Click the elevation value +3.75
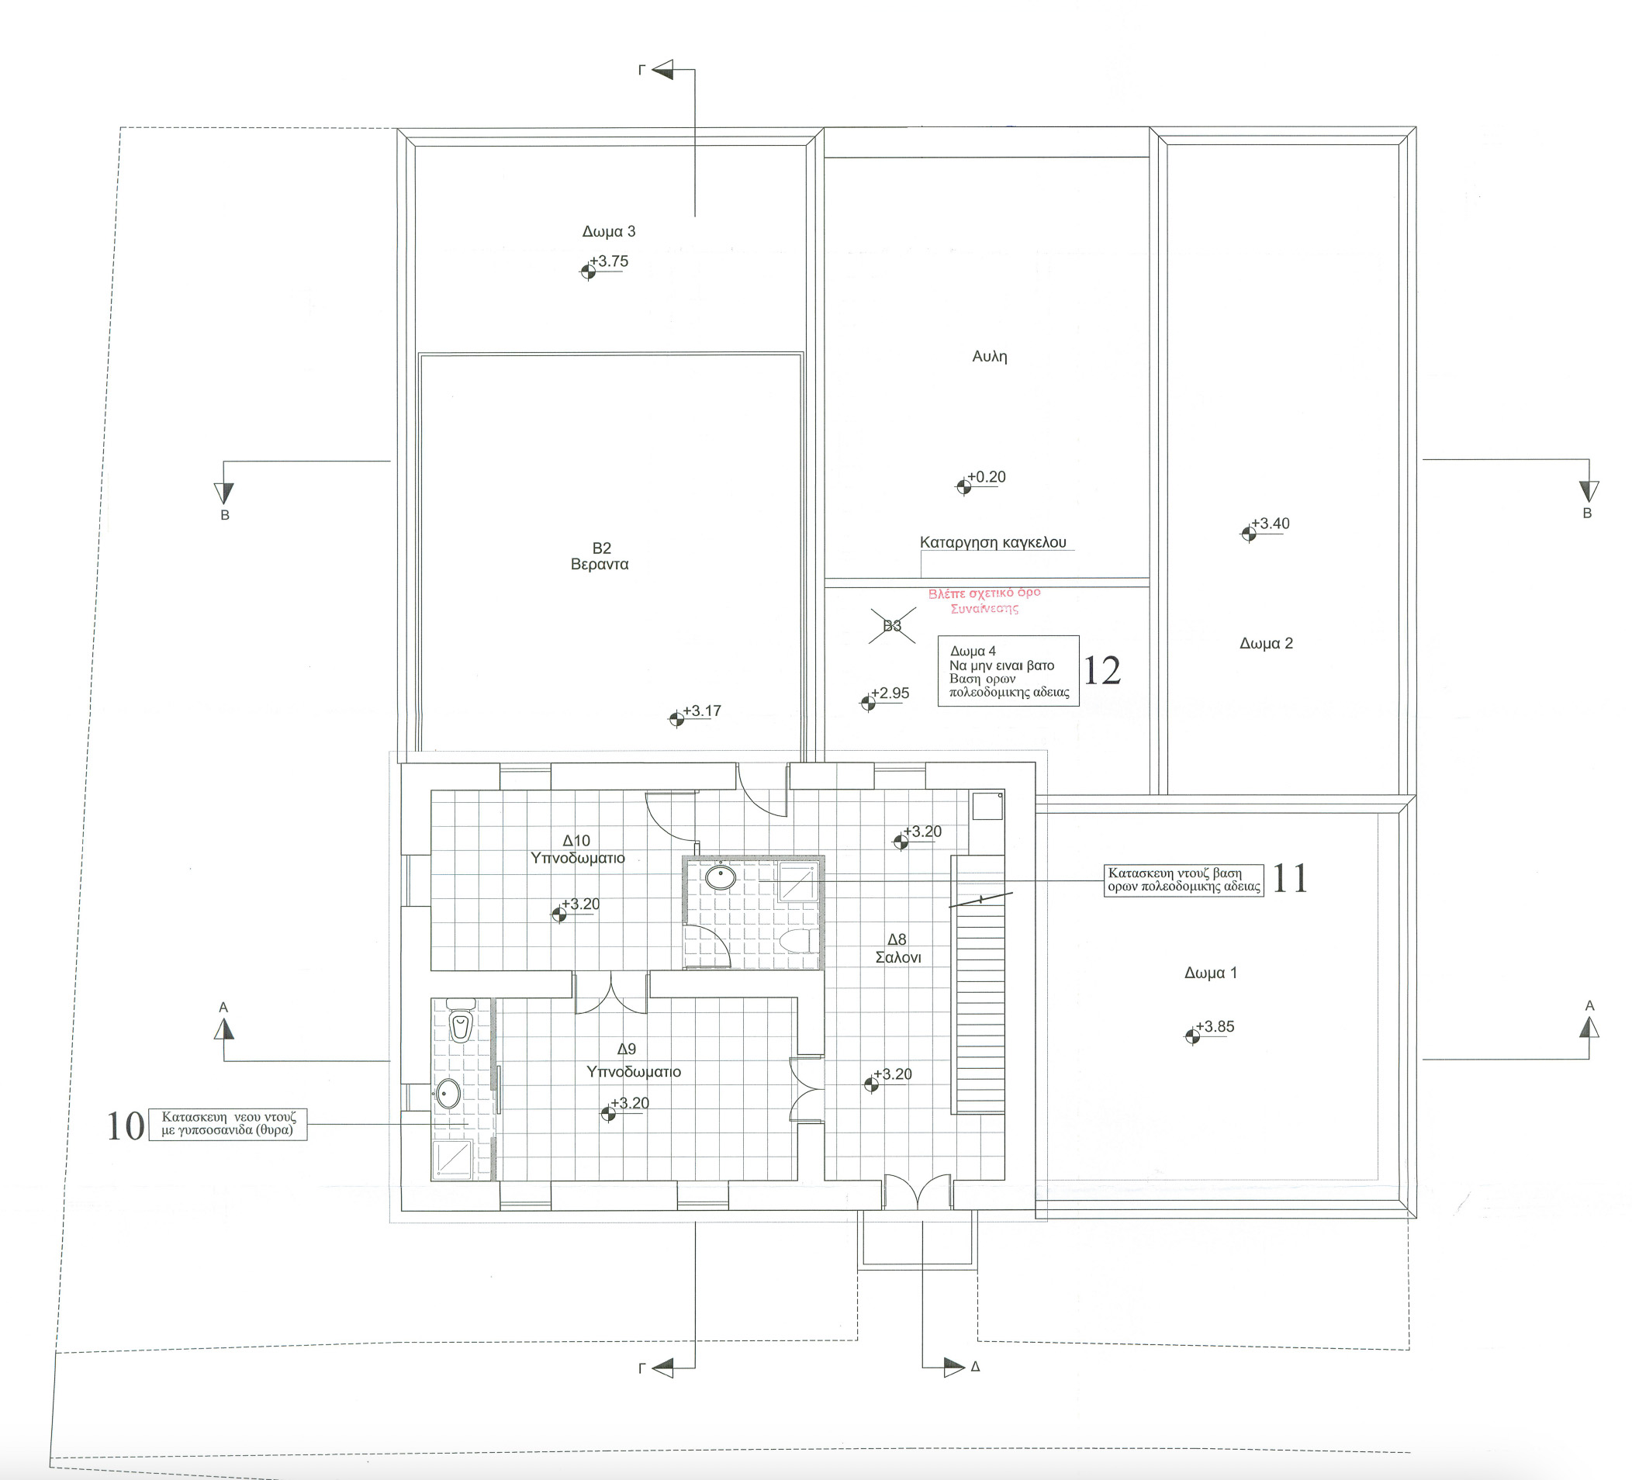609,261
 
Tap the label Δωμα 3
609,232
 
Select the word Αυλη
989,356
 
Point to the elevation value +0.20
987,477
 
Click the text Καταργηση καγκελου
994,542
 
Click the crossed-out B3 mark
892,626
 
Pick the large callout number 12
1101,670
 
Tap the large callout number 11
1290,877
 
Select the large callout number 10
126,1126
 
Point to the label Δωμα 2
1266,644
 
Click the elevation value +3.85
1215,1026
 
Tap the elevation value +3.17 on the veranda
702,711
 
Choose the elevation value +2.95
890,693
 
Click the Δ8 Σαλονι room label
897,948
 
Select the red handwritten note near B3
984,600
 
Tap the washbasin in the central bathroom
721,877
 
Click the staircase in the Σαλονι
980,984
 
